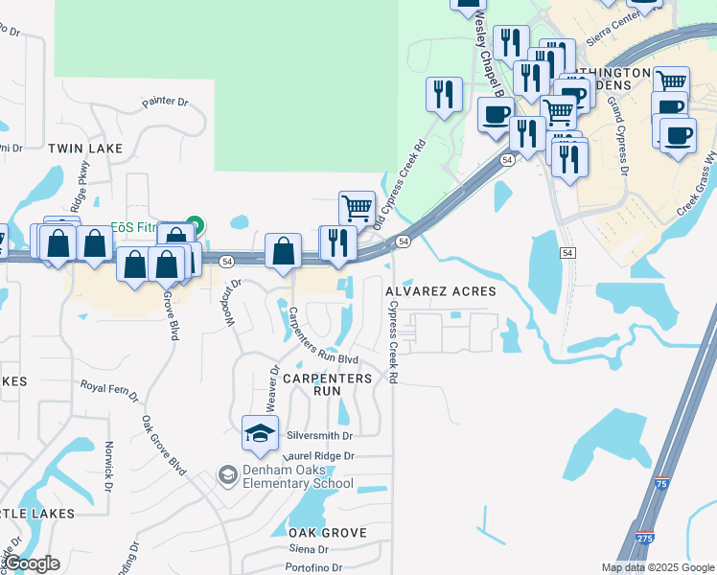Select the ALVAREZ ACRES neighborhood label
click(x=441, y=291)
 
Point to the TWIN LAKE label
click(x=86, y=149)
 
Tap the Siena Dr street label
click(x=311, y=549)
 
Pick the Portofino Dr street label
click(x=321, y=567)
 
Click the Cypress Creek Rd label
click(x=392, y=341)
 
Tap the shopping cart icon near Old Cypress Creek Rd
click(x=357, y=206)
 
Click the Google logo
click(x=32, y=564)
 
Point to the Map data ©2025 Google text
click(x=657, y=567)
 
